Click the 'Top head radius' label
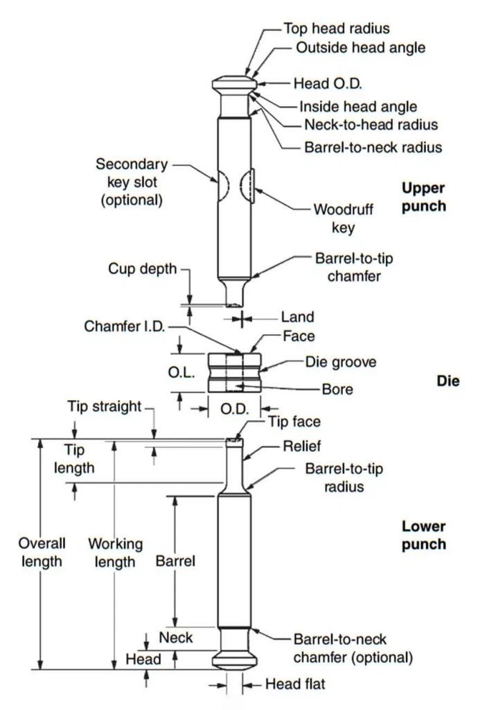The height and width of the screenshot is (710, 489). coord(337,28)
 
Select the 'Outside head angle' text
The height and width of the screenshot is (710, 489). coord(360,48)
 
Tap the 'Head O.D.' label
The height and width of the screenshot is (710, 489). coord(328,83)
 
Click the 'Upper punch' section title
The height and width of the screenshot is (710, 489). coord(423,197)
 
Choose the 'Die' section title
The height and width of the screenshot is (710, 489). coord(448,381)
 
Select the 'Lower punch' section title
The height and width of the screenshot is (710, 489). coord(423,535)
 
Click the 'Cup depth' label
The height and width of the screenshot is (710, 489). coord(143,268)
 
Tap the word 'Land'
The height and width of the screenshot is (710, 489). coord(297,317)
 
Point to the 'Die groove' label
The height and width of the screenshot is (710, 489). coord(341,362)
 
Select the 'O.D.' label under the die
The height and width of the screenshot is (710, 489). coord(234,409)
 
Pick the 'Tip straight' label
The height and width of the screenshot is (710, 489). coord(105,406)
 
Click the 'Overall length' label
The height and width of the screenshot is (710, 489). coord(42,552)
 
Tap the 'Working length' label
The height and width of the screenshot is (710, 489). coord(115,553)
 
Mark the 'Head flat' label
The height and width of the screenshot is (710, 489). coord(295,684)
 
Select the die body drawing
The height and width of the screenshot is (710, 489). coord(235,373)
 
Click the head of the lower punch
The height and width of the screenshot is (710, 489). coord(235,657)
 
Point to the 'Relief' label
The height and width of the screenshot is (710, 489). coord(301,446)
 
